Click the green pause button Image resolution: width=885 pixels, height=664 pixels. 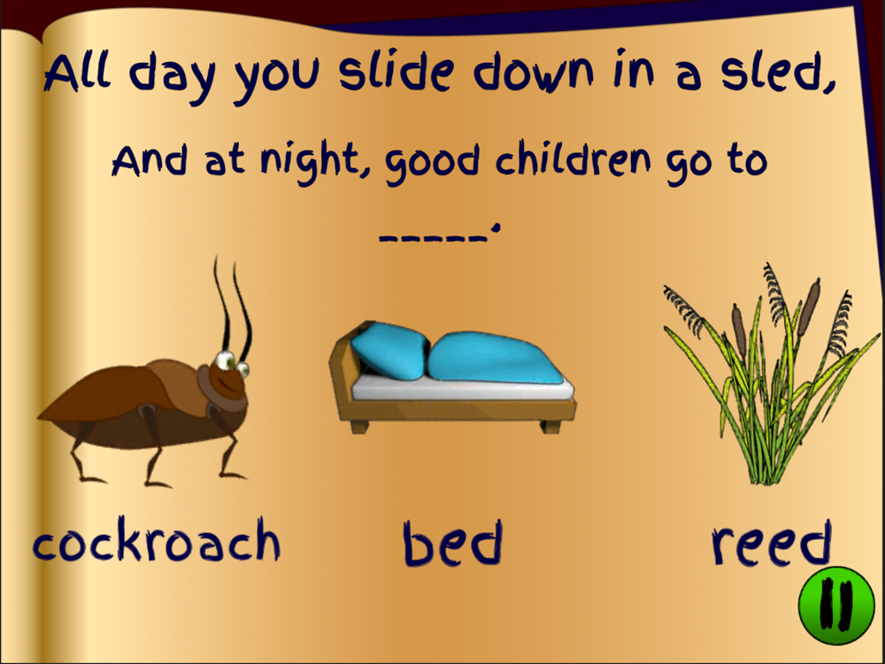(x=836, y=606)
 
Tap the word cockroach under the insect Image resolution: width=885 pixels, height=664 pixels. (x=157, y=540)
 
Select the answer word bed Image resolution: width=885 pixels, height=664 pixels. (x=452, y=543)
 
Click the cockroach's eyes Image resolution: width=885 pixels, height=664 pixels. (x=233, y=362)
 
